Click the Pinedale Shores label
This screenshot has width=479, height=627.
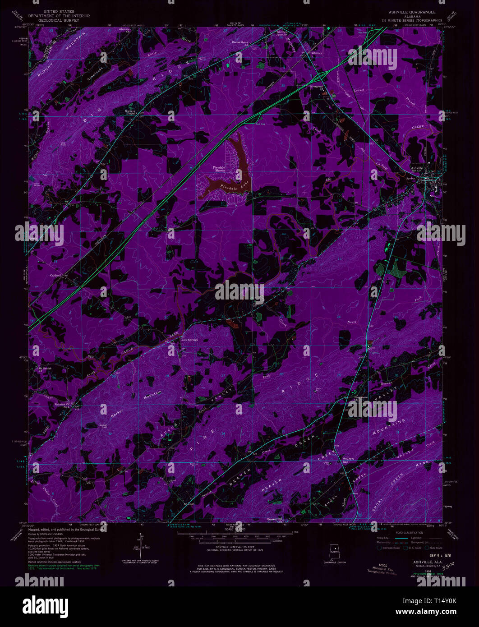(219, 169)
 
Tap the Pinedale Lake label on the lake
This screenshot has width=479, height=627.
(226, 185)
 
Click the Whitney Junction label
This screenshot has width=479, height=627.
(281, 33)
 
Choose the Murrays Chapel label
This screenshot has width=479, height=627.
(133, 111)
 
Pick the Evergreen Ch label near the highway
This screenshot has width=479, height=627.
(318, 86)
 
